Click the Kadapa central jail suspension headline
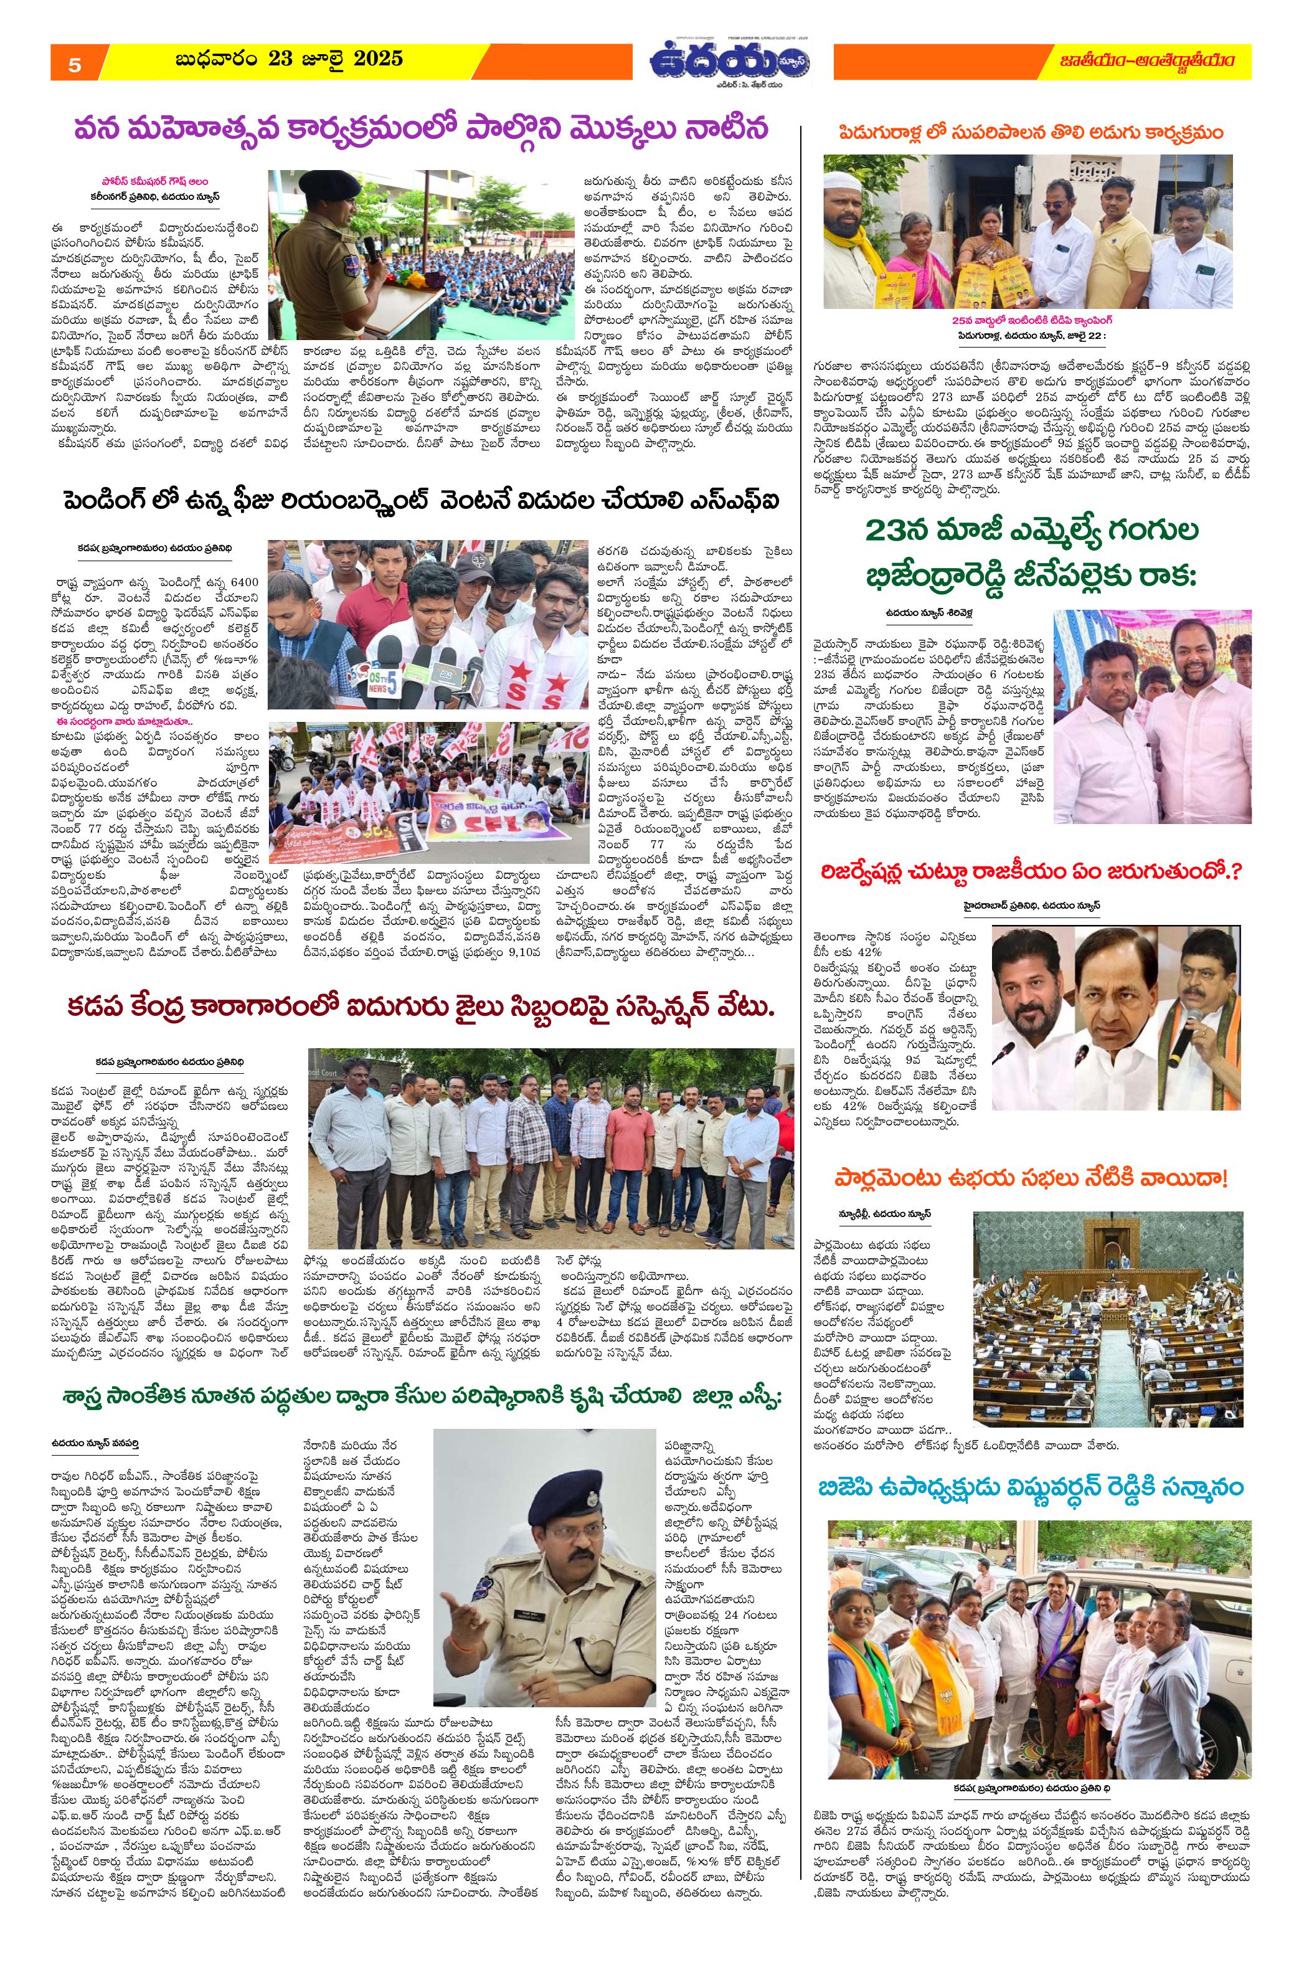tap(420, 1007)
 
